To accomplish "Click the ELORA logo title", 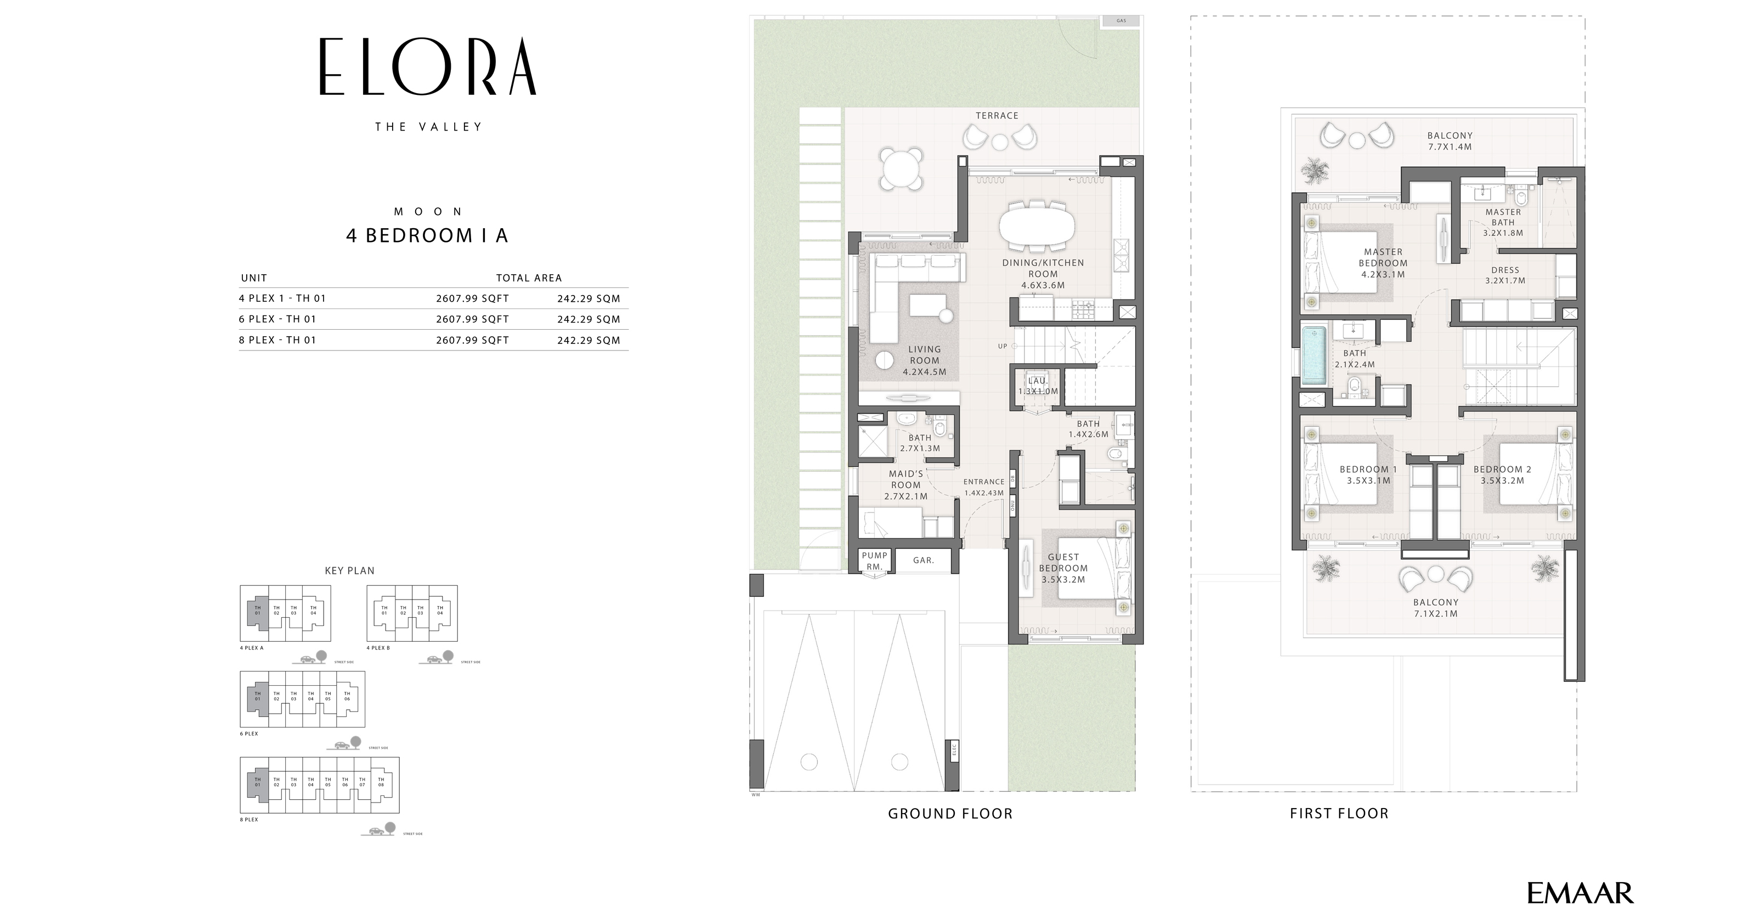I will [x=428, y=67].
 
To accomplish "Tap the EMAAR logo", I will [x=1579, y=893].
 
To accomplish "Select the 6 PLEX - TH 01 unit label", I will [x=278, y=319].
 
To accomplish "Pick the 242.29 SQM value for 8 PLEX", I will [x=588, y=340].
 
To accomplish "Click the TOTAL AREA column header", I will [x=529, y=278].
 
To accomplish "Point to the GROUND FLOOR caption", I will [x=950, y=814].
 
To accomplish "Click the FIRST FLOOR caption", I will [x=1339, y=814].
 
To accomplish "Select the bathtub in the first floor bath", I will [x=1314, y=355].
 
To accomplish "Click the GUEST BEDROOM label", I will [x=1063, y=568].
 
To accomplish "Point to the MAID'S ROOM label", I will [x=905, y=484].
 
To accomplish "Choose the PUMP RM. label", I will [x=875, y=561].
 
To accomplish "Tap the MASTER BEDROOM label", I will [x=1383, y=263].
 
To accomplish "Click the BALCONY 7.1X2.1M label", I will [x=1435, y=608].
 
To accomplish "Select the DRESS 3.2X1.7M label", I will [x=1505, y=275].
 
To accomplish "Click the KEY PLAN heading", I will [x=349, y=571].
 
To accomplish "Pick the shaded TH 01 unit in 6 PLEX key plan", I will [x=257, y=696].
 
